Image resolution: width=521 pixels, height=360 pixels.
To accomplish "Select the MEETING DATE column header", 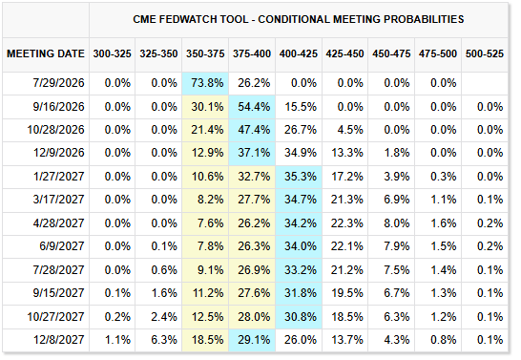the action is point(46,53).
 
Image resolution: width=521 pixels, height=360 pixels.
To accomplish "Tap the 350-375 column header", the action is point(205,53).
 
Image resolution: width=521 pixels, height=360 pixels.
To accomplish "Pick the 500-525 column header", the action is point(485,53).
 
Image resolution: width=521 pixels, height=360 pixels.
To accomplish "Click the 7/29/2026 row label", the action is point(58,83).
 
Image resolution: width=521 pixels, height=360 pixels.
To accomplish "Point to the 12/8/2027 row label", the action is point(58,340).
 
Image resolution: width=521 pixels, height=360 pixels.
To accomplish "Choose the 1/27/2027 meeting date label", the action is point(58,176).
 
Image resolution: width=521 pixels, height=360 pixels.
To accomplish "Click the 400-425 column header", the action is point(299,53).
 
